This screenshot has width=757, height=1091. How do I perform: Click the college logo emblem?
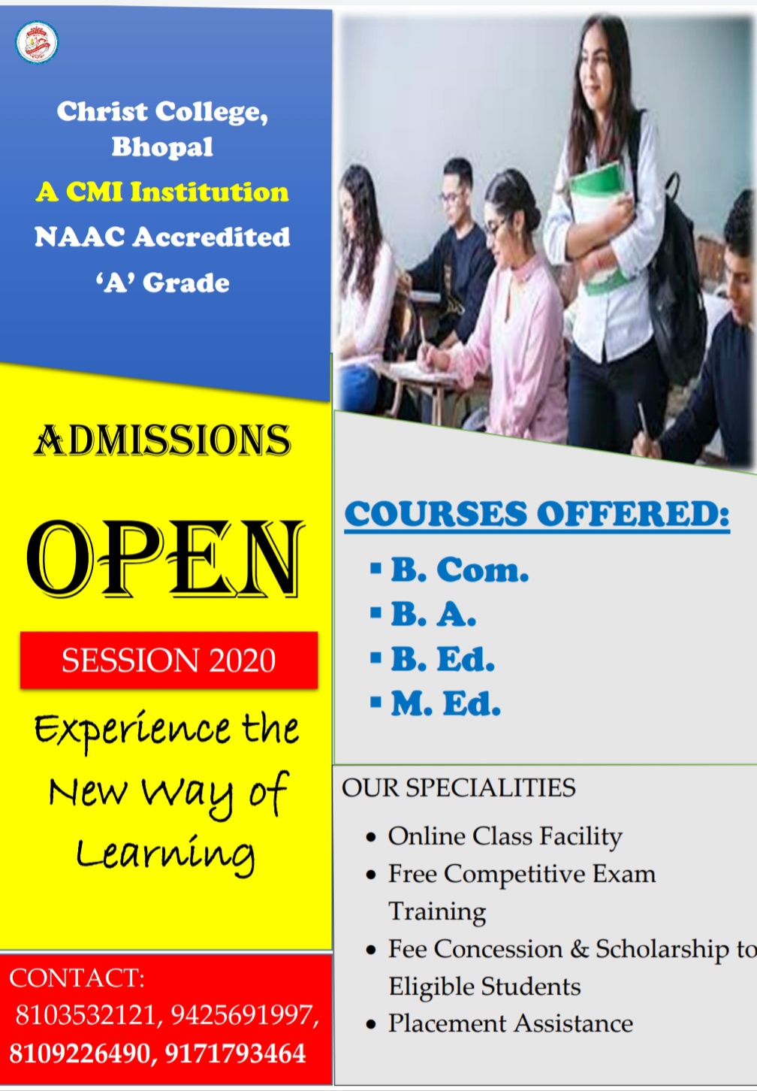click(x=37, y=42)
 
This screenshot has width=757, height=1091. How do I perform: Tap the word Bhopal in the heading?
click(x=162, y=147)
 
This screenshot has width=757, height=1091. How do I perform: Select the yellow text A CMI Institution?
click(x=162, y=192)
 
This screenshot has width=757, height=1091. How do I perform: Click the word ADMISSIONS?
click(x=162, y=440)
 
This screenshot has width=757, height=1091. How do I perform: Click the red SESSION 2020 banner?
click(x=169, y=660)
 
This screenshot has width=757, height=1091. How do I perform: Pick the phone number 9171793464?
click(x=235, y=1053)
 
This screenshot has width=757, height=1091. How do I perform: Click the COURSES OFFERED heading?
click(x=537, y=515)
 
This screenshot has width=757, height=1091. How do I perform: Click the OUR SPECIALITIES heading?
click(x=459, y=787)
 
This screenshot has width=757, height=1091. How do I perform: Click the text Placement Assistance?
click(x=510, y=1023)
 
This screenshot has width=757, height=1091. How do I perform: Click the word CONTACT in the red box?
click(x=77, y=977)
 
